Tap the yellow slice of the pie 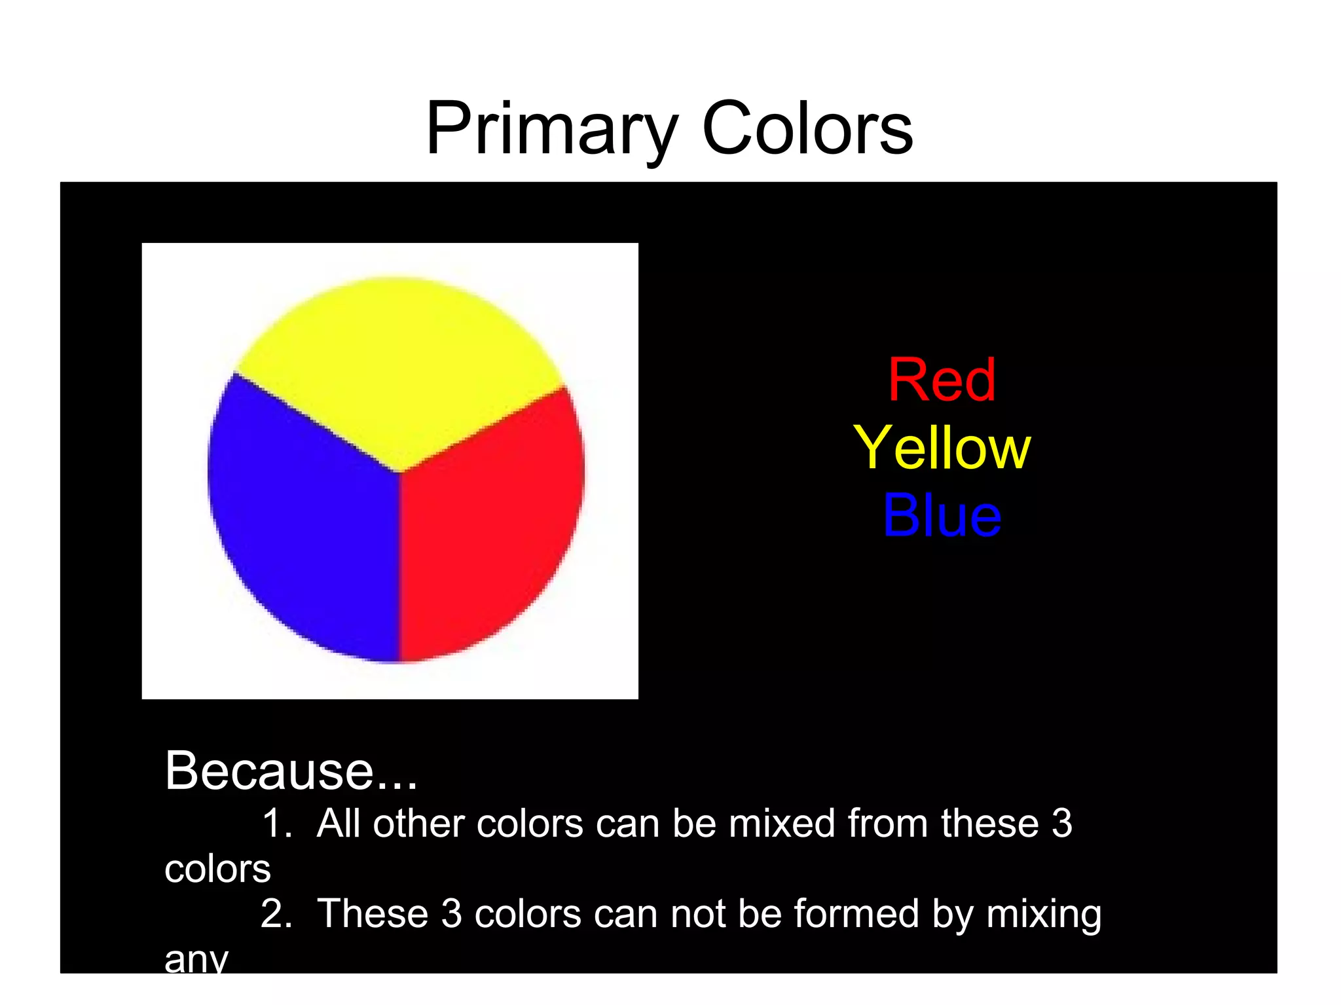pos(398,367)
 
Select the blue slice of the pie pos(301,524)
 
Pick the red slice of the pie pos(491,524)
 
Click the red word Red pos(942,380)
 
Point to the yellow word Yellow pos(942,448)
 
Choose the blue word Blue pos(942,516)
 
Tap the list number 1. pos(274,823)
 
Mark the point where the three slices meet pos(399,471)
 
